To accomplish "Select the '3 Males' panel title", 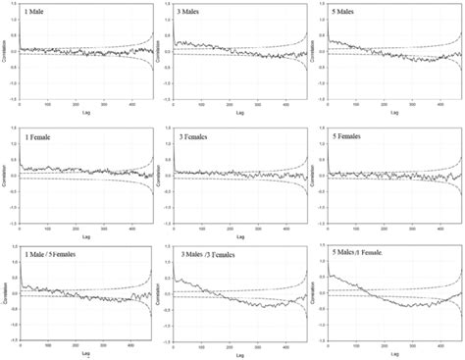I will point(190,13).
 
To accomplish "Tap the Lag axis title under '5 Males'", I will point(395,112).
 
